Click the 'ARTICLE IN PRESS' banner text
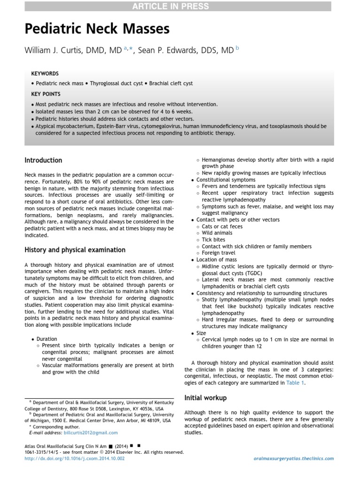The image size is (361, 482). coord(180,6)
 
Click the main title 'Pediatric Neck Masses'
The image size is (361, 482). coord(97,30)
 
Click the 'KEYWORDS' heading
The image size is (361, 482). coord(45,74)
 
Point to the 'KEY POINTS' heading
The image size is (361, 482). coord(46,94)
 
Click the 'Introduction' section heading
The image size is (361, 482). coord(43,161)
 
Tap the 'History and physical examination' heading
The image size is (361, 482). coord(75,250)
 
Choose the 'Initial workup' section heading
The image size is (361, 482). coord(205,398)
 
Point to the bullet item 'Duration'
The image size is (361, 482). coord(47,339)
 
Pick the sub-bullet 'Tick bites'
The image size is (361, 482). coord(214,240)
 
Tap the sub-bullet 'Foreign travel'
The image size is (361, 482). coord(219,253)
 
